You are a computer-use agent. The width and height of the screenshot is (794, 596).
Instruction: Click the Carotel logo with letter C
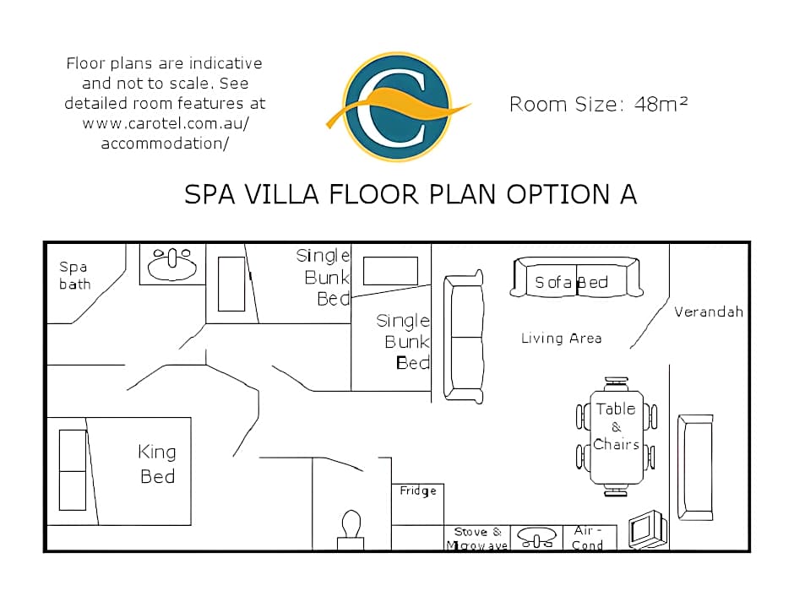398,106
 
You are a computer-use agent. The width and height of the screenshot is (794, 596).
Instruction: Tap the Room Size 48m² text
599,104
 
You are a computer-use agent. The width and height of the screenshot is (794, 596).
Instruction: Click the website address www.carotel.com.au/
166,123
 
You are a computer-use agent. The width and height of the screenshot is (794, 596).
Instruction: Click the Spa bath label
74,275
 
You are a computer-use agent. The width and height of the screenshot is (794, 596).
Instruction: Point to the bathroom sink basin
172,263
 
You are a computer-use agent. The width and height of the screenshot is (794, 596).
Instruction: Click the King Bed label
157,464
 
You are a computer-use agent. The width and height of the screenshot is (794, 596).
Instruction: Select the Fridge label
418,490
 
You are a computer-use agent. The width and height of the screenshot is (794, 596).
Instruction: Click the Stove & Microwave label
477,539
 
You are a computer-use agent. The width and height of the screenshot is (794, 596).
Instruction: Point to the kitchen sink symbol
536,537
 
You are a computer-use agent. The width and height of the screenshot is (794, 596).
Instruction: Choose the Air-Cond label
587,538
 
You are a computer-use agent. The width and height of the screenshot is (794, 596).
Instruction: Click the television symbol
648,529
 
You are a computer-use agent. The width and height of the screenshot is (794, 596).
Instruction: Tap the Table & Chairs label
617,426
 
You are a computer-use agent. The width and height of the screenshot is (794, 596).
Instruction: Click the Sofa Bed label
572,282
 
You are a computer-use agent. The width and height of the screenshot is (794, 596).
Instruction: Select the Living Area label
562,338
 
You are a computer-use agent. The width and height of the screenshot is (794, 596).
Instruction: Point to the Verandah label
709,312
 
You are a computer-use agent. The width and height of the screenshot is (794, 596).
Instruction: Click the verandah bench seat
695,468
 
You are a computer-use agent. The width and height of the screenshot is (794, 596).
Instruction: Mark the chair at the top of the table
617,383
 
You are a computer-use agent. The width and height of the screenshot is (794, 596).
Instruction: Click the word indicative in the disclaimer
226,63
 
